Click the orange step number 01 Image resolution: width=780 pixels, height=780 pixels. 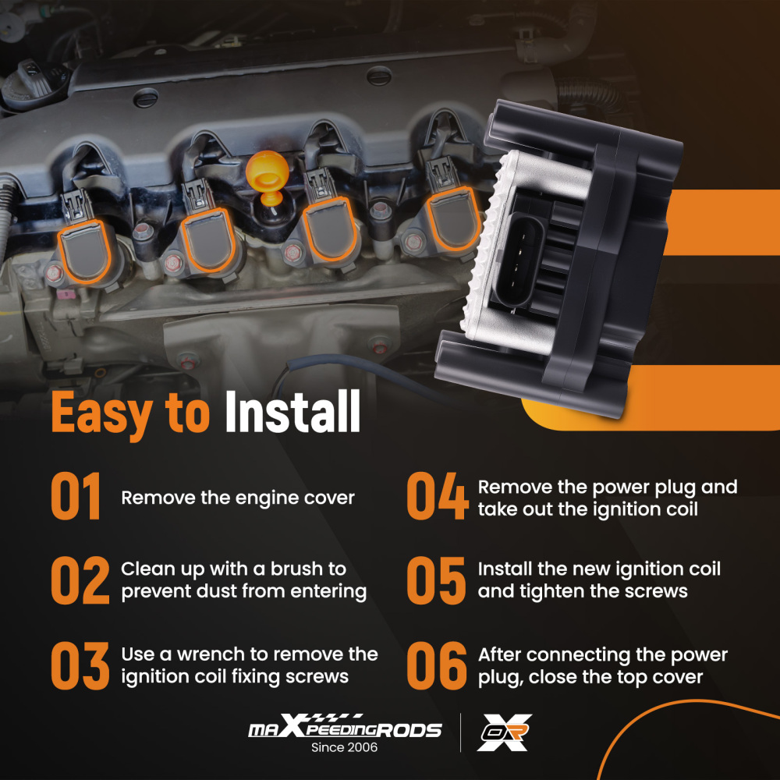point(76,496)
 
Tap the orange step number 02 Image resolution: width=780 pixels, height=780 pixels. point(80,580)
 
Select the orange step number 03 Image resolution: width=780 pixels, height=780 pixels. point(80,665)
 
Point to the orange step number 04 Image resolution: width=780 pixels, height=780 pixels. point(438,496)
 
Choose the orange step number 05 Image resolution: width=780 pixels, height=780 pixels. point(436,580)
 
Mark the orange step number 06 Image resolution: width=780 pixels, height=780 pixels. point(437,665)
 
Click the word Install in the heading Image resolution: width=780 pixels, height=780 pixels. point(292,411)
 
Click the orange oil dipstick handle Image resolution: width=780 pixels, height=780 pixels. point(268,176)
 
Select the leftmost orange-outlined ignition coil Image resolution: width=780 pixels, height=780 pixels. point(84,252)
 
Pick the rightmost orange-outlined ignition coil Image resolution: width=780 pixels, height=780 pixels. point(453,219)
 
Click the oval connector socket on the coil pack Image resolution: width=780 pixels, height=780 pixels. point(519,261)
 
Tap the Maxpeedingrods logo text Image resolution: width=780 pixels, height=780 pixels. point(345,726)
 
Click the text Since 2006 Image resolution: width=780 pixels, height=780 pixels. point(344,747)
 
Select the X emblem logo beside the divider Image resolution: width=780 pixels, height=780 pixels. point(504,732)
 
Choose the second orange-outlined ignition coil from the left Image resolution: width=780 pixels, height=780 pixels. point(208,239)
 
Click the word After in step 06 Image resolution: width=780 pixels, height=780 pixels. point(499,654)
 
